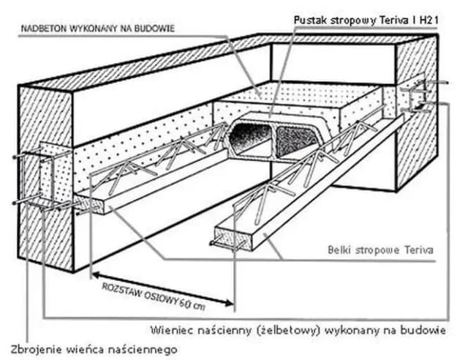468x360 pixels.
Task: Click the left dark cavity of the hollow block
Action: pos(249,138)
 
